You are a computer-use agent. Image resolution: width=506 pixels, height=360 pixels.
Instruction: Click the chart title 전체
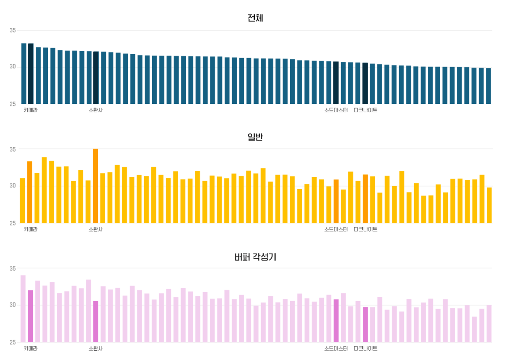(x=255, y=18)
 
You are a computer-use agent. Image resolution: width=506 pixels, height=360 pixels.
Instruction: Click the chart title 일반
(x=255, y=137)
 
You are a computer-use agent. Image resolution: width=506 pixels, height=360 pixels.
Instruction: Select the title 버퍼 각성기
(x=255, y=257)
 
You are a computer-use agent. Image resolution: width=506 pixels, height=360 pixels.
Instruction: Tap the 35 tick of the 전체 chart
(x=13, y=31)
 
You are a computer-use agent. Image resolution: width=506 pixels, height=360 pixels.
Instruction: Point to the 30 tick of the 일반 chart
(x=13, y=186)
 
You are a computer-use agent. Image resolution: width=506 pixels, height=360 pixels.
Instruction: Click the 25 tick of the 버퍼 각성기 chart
(x=13, y=342)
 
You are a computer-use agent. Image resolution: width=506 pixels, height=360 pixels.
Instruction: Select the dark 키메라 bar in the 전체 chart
(x=30, y=73)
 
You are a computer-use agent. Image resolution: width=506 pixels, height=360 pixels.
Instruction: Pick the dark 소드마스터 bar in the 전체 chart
(x=336, y=83)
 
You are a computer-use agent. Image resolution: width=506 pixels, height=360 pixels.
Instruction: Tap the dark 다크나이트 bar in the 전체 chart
(x=365, y=83)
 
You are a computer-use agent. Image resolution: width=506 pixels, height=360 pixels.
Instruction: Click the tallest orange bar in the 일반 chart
(x=95, y=186)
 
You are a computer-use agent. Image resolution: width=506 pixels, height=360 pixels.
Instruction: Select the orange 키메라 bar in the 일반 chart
(x=29, y=192)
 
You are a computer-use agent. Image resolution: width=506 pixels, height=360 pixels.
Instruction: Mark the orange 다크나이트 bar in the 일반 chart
(x=365, y=199)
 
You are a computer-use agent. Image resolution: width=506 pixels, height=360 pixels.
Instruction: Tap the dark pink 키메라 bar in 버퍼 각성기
(x=30, y=316)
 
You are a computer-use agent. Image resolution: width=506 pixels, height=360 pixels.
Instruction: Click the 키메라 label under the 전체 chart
(x=31, y=110)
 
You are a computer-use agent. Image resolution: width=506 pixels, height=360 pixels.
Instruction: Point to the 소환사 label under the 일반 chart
(x=96, y=229)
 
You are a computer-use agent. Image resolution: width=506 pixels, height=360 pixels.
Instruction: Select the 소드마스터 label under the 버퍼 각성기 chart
(x=336, y=348)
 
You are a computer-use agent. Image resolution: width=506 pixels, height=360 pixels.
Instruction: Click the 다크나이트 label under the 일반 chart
(x=365, y=229)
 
